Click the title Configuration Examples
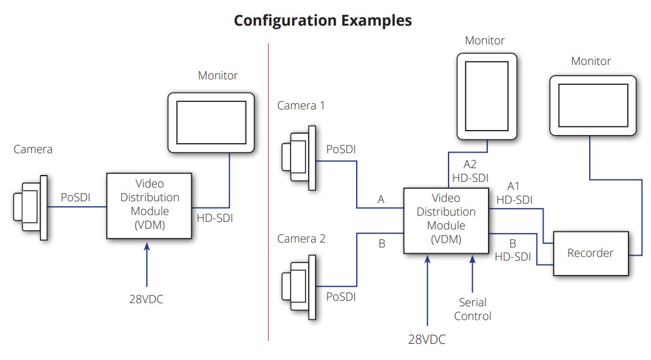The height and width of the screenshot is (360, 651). click(x=322, y=20)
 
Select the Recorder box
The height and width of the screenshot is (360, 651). click(x=590, y=253)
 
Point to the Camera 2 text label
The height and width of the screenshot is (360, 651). click(x=301, y=239)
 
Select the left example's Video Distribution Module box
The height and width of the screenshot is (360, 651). click(x=149, y=205)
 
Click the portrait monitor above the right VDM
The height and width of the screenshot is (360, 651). click(x=487, y=96)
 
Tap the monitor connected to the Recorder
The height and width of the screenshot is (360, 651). click(x=592, y=106)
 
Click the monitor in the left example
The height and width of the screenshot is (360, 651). click(x=211, y=122)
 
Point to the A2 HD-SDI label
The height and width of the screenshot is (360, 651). click(x=470, y=171)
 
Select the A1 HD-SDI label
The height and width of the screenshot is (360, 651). click(x=514, y=193)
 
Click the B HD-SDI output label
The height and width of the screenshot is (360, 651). click(x=512, y=249)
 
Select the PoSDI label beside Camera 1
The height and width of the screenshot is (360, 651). click(x=342, y=151)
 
